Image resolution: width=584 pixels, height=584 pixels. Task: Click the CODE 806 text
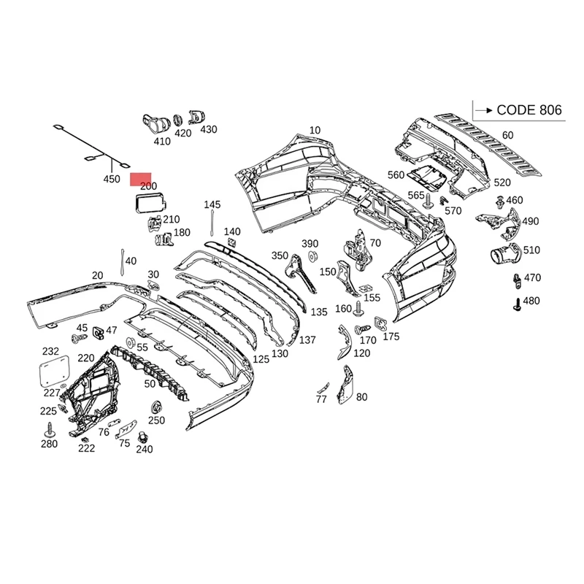pos(529,110)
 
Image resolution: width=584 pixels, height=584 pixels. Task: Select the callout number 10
pos(315,131)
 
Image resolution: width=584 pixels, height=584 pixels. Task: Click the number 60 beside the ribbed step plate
pos(507,135)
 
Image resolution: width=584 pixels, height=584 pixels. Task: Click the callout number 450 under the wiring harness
pos(111,179)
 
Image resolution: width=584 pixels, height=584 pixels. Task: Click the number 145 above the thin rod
pos(212,204)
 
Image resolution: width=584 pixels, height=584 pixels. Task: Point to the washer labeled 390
pos(312,256)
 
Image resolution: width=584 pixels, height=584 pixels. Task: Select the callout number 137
pos(307,339)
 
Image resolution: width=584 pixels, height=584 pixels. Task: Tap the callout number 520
pos(503,182)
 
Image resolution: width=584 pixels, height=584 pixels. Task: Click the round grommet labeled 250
pos(155,407)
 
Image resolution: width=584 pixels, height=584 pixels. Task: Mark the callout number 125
pos(261,359)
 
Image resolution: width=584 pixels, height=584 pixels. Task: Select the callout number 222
pos(86,448)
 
